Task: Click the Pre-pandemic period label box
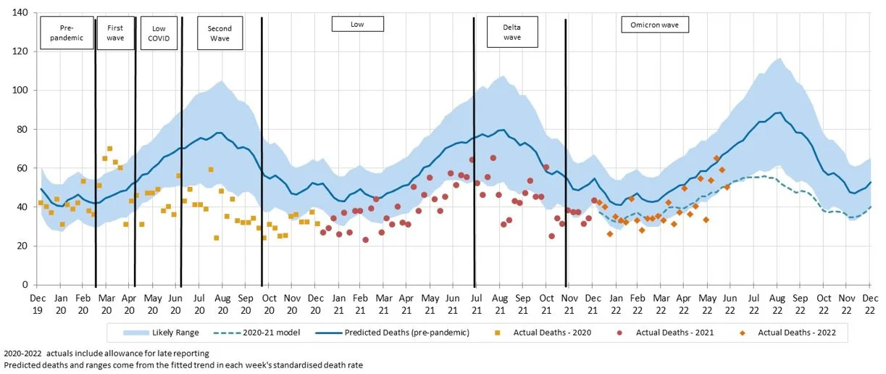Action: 67,33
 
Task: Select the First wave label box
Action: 115,33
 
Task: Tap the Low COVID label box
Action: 158,33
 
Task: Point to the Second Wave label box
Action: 220,33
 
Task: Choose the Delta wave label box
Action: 512,33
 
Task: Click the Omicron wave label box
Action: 655,24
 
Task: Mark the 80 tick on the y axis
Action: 21,130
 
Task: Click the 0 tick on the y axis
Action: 24,285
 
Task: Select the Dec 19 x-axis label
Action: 38,303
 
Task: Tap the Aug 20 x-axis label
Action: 222,303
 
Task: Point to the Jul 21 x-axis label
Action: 476,303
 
